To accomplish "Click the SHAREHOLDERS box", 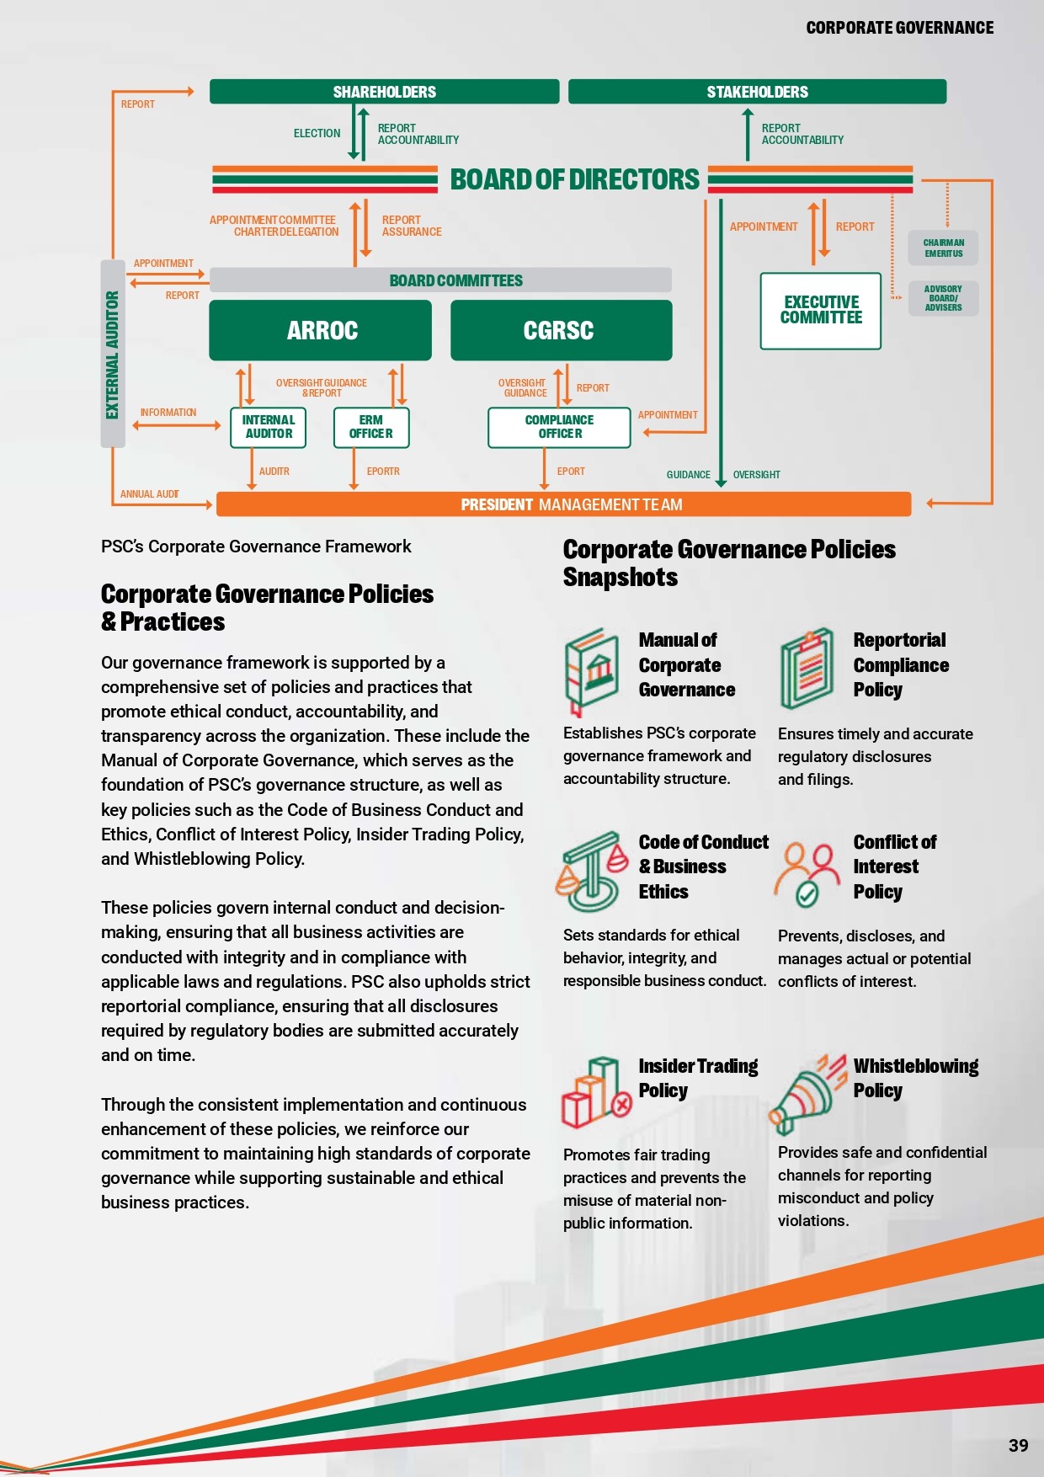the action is [x=384, y=91].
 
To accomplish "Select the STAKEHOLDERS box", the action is [x=757, y=91].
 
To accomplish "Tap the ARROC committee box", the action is [x=320, y=330].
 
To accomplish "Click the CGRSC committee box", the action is [x=561, y=330].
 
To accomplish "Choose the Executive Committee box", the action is [x=821, y=311].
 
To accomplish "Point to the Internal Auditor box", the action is [x=269, y=427].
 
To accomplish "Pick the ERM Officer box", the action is [x=371, y=427].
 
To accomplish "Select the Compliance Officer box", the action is [x=559, y=427].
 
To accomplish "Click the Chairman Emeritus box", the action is [x=943, y=248].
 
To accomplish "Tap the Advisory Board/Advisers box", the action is [x=943, y=298].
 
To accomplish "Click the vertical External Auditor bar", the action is [x=113, y=354].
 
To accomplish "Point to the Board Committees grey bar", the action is [x=440, y=280].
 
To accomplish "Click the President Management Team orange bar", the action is [x=564, y=504].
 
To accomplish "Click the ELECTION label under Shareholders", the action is [x=317, y=133].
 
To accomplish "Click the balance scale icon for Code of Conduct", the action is [x=592, y=872].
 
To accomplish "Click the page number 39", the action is [x=1018, y=1445].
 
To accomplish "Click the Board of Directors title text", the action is [x=574, y=179].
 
